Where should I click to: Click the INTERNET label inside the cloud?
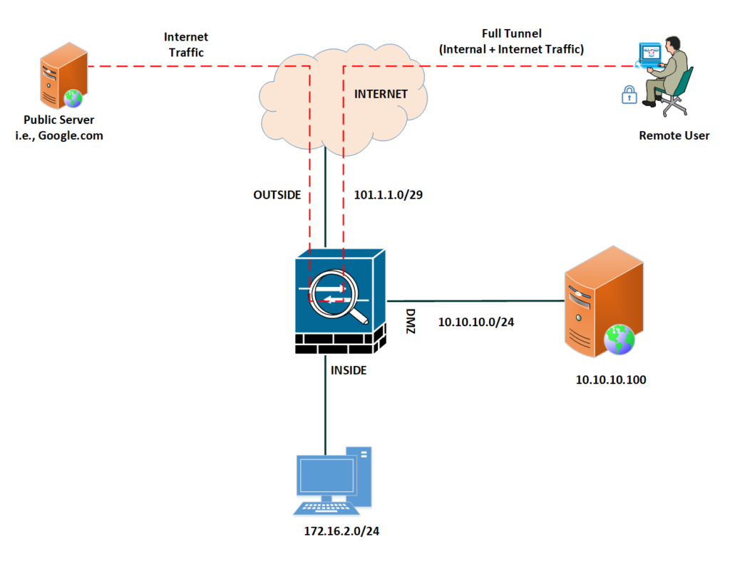[381, 94]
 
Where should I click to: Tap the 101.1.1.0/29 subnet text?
[389, 194]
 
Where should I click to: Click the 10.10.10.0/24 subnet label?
[475, 322]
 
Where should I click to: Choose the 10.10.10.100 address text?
[610, 379]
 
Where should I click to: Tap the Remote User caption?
[674, 135]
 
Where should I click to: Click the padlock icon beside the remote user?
[629, 94]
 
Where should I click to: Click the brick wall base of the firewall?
[340, 344]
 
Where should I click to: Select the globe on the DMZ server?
[618, 340]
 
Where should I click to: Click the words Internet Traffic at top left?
[186, 44]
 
